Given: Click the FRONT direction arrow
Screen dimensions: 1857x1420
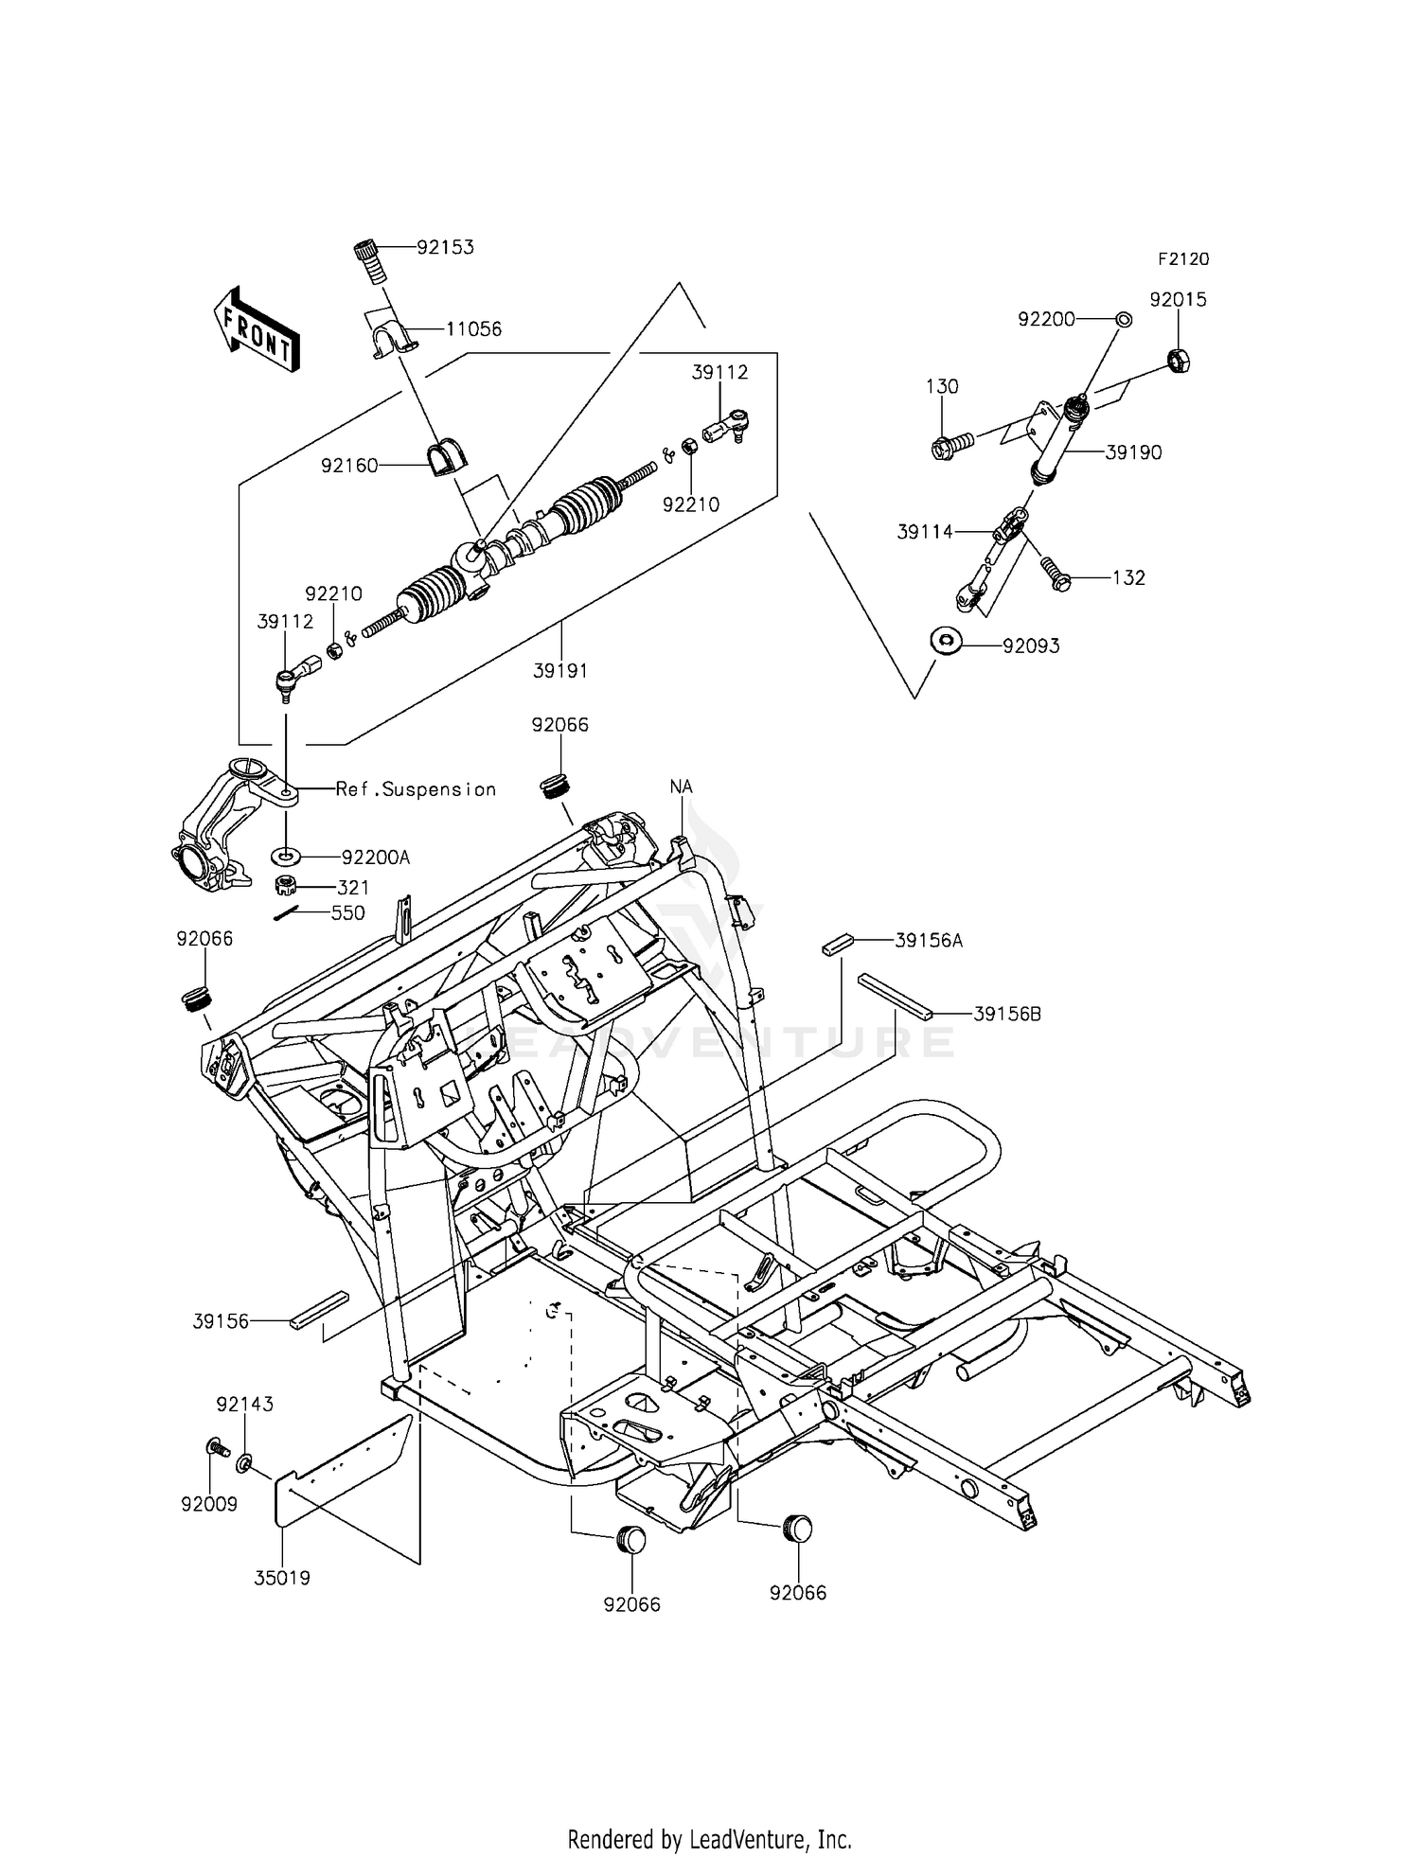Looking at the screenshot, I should click(257, 328).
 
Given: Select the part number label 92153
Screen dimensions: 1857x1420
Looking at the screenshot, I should click(446, 248).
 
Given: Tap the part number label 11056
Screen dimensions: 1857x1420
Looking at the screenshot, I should click(473, 329).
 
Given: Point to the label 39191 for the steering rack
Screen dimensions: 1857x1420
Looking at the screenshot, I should click(560, 671).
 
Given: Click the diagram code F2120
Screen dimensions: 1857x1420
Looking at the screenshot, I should click(1182, 259).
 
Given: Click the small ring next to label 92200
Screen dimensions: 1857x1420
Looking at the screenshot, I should click(1123, 320).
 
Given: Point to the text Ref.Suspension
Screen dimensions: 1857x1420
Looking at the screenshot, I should click(416, 789).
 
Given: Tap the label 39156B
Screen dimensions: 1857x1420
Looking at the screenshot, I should click(1007, 1015).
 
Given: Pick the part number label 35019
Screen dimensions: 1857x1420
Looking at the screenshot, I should click(282, 1578).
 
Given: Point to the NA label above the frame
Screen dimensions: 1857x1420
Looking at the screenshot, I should click(682, 787).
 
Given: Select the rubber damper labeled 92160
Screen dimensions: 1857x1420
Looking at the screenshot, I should click(443, 458).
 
